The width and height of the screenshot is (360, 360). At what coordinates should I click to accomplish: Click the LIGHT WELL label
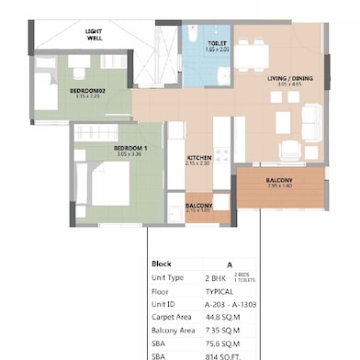[94, 35]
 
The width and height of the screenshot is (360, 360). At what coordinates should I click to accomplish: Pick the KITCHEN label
[199, 158]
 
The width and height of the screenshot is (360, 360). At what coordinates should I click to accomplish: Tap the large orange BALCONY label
[279, 179]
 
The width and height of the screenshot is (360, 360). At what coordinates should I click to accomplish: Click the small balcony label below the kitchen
[199, 206]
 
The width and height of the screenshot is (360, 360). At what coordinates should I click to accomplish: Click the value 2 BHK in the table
[216, 276]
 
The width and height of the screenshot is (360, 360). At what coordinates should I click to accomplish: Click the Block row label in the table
[162, 263]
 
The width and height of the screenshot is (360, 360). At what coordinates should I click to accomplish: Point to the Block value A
[230, 263]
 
